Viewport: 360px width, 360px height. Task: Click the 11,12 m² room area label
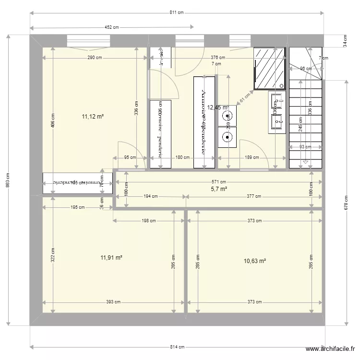click(x=93, y=116)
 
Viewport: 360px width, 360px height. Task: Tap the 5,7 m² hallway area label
click(x=219, y=189)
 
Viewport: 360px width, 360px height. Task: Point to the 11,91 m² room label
click(x=111, y=257)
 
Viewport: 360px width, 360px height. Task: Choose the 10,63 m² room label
click(x=255, y=261)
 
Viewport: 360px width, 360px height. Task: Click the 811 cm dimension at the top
click(x=177, y=13)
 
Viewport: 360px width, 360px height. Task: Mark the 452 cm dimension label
click(x=111, y=28)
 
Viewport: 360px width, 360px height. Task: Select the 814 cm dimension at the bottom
click(x=177, y=347)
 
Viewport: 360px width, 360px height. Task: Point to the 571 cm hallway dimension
click(x=219, y=182)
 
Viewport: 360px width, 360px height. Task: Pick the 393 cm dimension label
click(x=114, y=302)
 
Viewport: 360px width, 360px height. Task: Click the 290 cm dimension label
click(x=95, y=58)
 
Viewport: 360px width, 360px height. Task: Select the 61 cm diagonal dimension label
click(x=245, y=97)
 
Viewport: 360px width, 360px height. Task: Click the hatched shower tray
click(x=269, y=69)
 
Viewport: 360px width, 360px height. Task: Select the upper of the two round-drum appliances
click(x=227, y=115)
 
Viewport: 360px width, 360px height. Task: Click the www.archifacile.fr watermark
click(x=331, y=350)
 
